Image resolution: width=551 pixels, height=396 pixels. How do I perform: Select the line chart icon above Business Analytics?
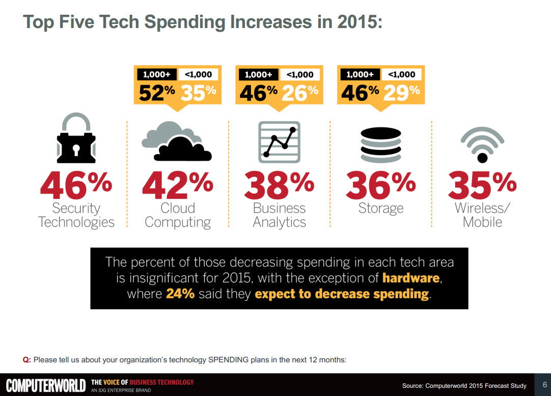[279, 142]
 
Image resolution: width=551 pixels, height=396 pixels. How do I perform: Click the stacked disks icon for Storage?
[380, 145]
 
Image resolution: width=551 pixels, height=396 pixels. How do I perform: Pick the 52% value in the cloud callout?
[157, 92]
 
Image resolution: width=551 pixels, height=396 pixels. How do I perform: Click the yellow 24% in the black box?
[180, 294]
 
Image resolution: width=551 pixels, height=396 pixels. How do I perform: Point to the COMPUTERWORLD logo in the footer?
[45, 385]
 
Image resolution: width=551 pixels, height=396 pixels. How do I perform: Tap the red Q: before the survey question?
[27, 360]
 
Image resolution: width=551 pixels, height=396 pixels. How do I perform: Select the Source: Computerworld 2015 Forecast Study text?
[464, 385]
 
